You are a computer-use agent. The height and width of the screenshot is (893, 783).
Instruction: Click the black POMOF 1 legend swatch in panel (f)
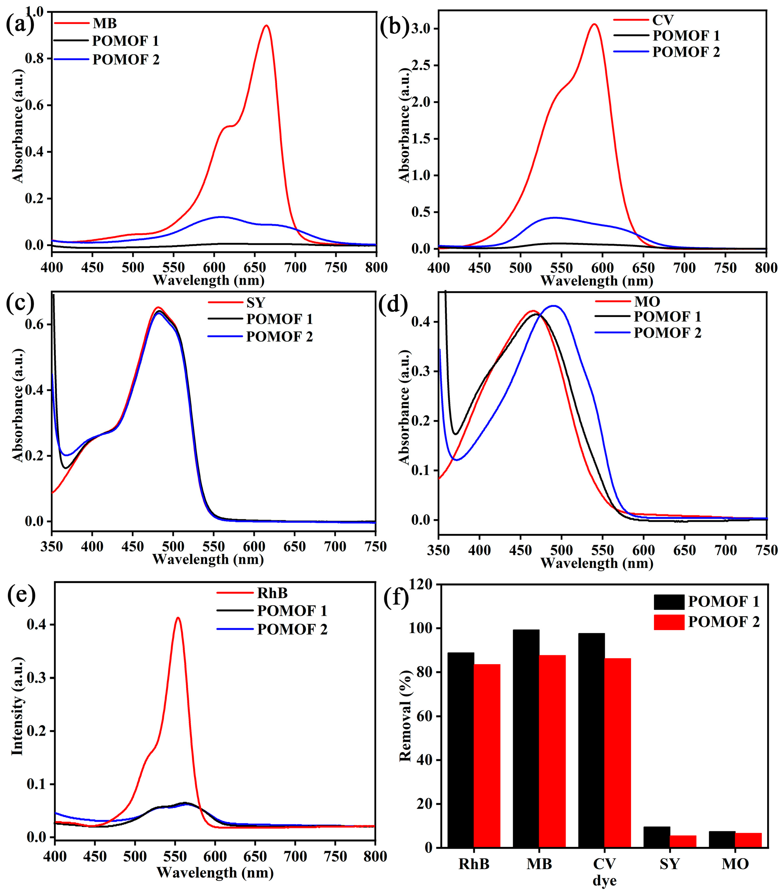(669, 602)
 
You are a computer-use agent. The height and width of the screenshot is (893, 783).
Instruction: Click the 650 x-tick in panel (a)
(255, 267)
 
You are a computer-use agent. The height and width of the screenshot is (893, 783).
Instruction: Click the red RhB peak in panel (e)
(178, 618)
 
